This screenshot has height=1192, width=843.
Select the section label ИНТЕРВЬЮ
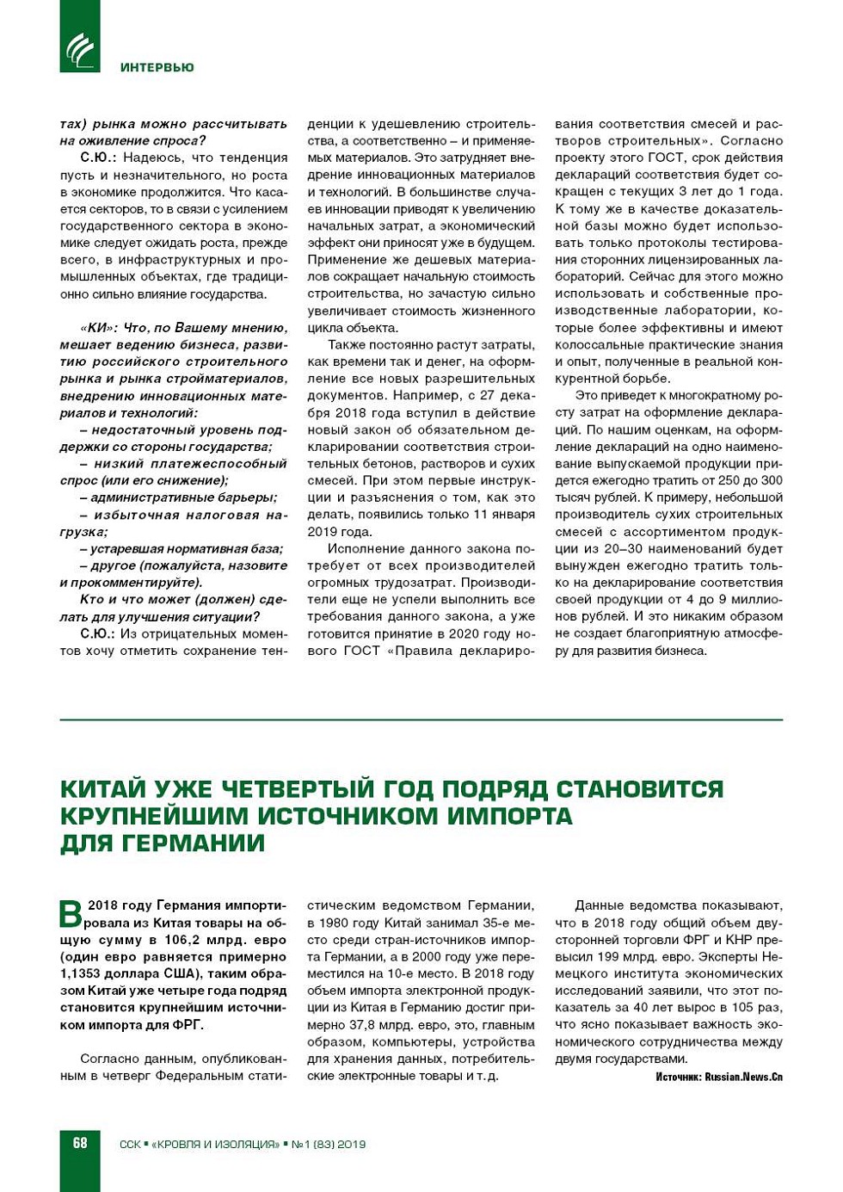coord(157,67)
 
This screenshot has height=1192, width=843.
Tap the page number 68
coord(80,1143)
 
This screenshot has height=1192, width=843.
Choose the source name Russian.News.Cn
coord(743,1077)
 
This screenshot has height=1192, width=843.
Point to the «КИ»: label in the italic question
coord(98,328)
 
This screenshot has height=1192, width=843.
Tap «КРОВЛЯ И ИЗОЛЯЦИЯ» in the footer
coord(215,1144)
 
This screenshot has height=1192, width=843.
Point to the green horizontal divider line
coord(421,720)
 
